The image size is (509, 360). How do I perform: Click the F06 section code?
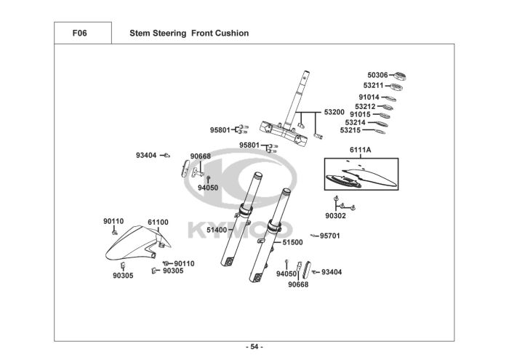79,33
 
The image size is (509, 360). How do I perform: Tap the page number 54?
254,347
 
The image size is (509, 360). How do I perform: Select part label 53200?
334,112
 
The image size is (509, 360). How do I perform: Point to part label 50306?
377,75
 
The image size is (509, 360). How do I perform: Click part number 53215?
350,130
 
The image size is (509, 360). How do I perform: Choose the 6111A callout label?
361,150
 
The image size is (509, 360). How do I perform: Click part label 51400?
217,230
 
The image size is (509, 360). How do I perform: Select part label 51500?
292,242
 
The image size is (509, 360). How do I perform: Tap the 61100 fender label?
158,223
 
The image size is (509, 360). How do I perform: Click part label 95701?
330,236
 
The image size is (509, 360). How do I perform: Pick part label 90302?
336,216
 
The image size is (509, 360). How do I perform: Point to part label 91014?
369,97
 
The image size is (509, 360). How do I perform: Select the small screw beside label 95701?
314,236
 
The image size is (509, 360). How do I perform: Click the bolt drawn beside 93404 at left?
167,156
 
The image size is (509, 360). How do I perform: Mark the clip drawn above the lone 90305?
123,265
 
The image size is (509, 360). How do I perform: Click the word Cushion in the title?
232,33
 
